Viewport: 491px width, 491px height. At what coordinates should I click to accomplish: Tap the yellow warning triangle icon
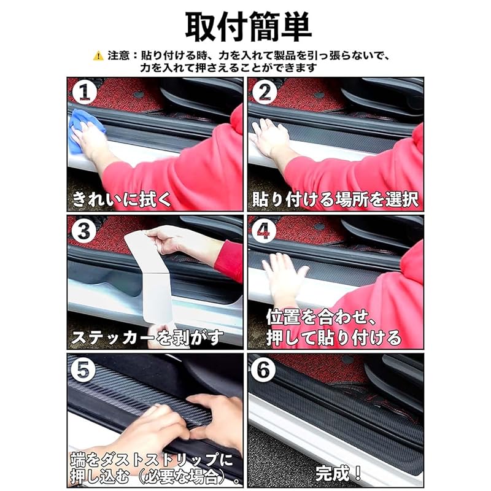98,56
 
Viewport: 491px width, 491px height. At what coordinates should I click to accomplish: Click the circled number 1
83,93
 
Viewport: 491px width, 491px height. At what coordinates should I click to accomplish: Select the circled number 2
265,93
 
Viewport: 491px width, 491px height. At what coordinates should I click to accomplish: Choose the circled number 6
264,370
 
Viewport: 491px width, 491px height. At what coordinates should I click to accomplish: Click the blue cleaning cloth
84,130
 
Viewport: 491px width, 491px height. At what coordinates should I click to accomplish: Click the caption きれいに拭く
122,199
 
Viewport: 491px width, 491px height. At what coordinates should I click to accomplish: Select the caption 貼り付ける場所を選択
335,199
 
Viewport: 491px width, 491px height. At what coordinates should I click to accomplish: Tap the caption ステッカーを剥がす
147,338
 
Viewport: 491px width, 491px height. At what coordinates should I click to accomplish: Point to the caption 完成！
338,473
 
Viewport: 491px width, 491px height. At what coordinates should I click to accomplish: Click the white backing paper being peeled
150,276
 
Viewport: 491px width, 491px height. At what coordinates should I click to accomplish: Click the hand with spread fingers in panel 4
285,279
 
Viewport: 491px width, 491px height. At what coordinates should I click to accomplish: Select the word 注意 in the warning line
118,56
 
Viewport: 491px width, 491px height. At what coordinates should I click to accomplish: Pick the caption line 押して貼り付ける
334,338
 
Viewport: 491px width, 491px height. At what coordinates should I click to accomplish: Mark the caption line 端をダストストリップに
152,460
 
